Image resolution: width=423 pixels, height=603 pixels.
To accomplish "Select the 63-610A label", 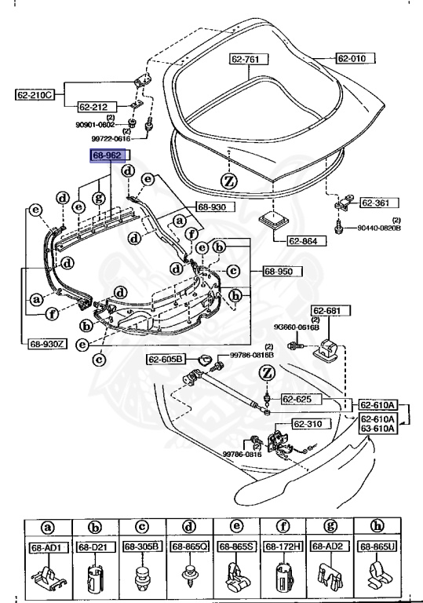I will tap(378, 429).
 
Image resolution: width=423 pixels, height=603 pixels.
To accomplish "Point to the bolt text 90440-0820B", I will tap(380, 228).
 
